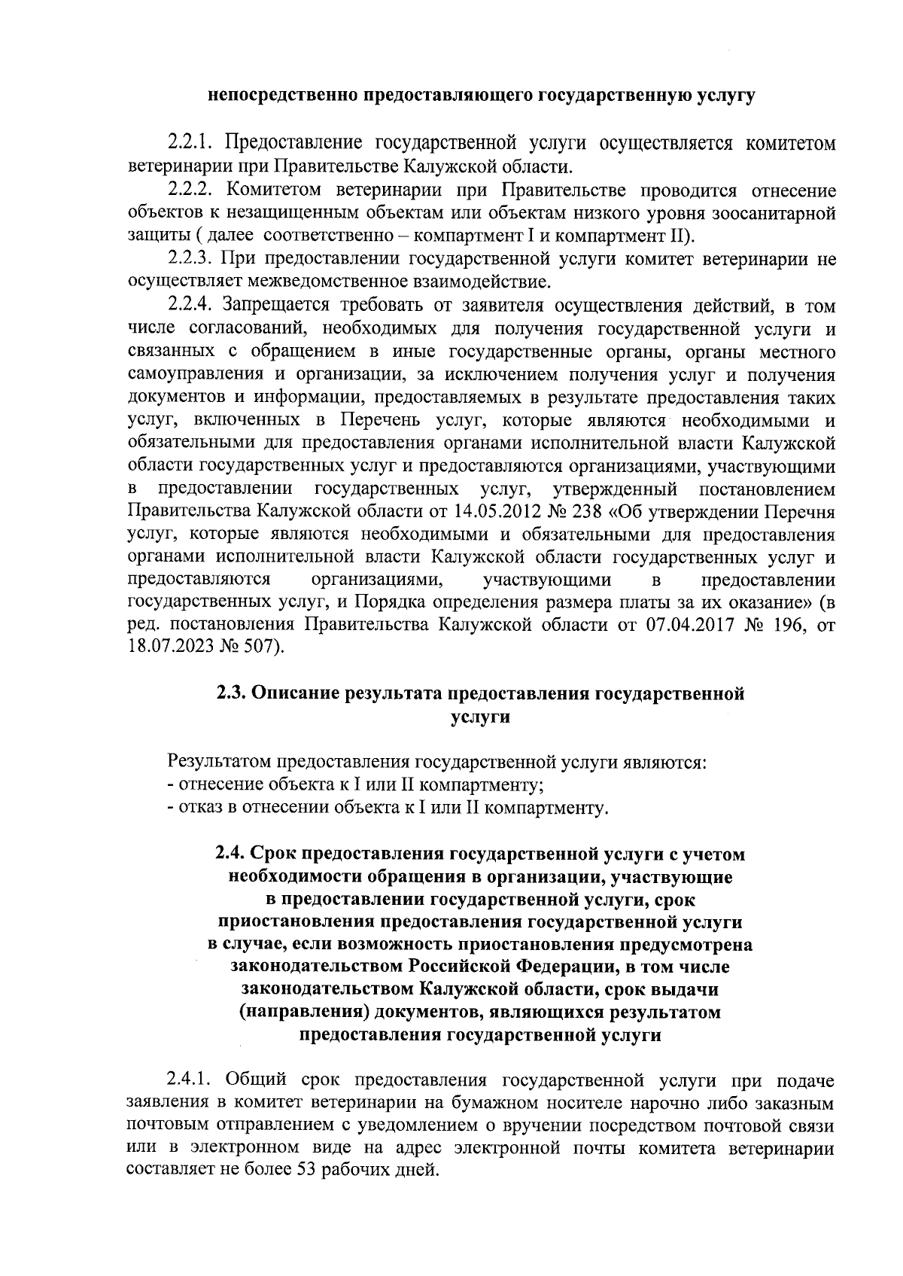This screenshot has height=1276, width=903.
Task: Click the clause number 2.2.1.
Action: pyautogui.click(x=190, y=143)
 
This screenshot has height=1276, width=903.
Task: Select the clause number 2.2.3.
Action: pyautogui.click(x=190, y=260)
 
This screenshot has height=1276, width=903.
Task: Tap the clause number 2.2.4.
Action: pyautogui.click(x=190, y=306)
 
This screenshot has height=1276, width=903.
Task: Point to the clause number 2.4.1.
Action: pyautogui.click(x=190, y=1083)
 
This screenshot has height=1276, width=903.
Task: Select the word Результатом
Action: pyautogui.click(x=220, y=763)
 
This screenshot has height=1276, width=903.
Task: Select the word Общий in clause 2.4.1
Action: pyautogui.click(x=248, y=1083)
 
